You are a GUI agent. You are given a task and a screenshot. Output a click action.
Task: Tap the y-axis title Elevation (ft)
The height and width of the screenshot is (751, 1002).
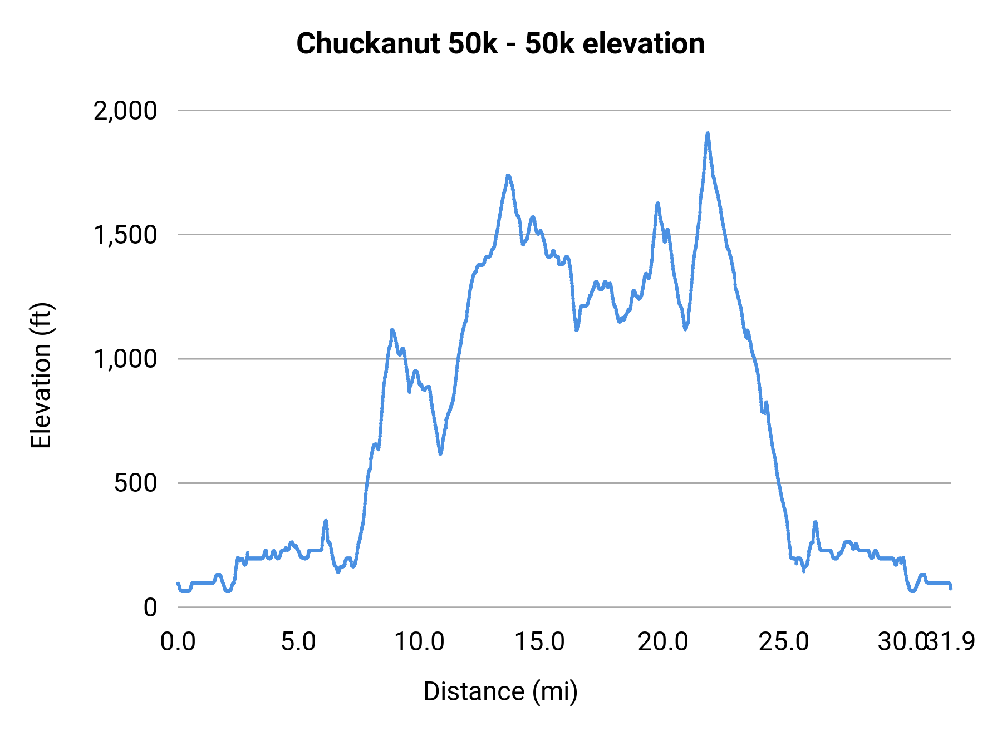(41, 375)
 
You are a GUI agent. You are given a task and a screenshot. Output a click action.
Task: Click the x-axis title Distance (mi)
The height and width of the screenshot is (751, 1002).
(500, 691)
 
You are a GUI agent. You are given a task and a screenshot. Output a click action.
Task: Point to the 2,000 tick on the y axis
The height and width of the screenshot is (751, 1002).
(125, 111)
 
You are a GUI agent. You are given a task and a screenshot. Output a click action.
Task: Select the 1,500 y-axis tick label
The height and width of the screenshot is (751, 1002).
(125, 235)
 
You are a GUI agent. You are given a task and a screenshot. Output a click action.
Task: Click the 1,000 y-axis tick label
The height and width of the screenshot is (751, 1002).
(125, 359)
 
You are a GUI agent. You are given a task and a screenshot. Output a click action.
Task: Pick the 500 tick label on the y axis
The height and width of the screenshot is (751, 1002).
(135, 483)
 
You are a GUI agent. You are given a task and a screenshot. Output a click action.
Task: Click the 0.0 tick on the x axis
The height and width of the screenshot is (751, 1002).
(178, 642)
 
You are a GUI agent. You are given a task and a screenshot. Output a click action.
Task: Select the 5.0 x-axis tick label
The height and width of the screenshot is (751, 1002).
(298, 642)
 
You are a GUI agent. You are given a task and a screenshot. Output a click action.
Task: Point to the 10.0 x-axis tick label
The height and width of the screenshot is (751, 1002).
(419, 642)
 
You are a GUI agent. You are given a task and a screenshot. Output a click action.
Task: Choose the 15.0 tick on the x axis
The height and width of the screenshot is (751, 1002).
(540, 642)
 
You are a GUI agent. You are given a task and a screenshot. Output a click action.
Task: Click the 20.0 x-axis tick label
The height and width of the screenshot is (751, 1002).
(662, 642)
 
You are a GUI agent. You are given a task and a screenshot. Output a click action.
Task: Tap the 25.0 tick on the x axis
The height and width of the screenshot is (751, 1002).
(784, 642)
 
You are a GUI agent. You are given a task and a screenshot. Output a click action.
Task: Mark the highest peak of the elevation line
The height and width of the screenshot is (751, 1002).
(708, 134)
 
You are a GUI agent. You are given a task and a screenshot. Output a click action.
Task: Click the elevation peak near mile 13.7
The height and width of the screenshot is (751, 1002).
(508, 176)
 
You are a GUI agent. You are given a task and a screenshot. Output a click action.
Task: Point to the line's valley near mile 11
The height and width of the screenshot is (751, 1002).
(440, 453)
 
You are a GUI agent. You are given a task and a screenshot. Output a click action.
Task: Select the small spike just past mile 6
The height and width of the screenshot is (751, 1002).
(326, 521)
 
